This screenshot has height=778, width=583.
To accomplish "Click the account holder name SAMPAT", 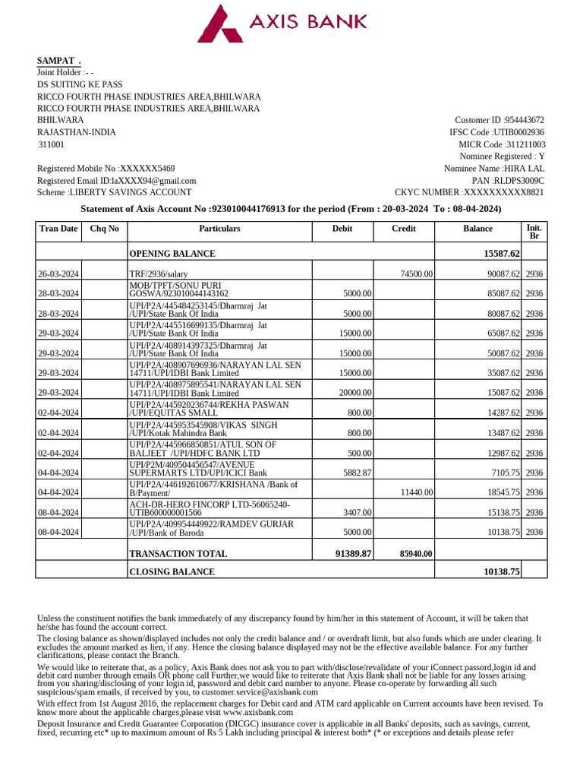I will point(58,61).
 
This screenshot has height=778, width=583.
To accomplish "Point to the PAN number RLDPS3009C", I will point(518,181).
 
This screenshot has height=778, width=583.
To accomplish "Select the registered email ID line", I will point(117,181).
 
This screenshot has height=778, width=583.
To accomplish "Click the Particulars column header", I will point(219,229).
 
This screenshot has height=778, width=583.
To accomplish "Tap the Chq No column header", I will point(104,229).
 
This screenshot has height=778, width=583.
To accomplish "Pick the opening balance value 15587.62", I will point(496,254).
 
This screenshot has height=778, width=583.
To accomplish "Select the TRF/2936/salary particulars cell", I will point(159,274).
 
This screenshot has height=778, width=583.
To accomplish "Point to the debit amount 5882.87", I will point(355,473).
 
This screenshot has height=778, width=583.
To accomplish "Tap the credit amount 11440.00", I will point(416,492).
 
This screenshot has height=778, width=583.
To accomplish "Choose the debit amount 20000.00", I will point(353,393).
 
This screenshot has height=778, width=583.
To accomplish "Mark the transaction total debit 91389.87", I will point(353,554).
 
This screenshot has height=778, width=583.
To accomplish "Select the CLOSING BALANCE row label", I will point(172,571).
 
